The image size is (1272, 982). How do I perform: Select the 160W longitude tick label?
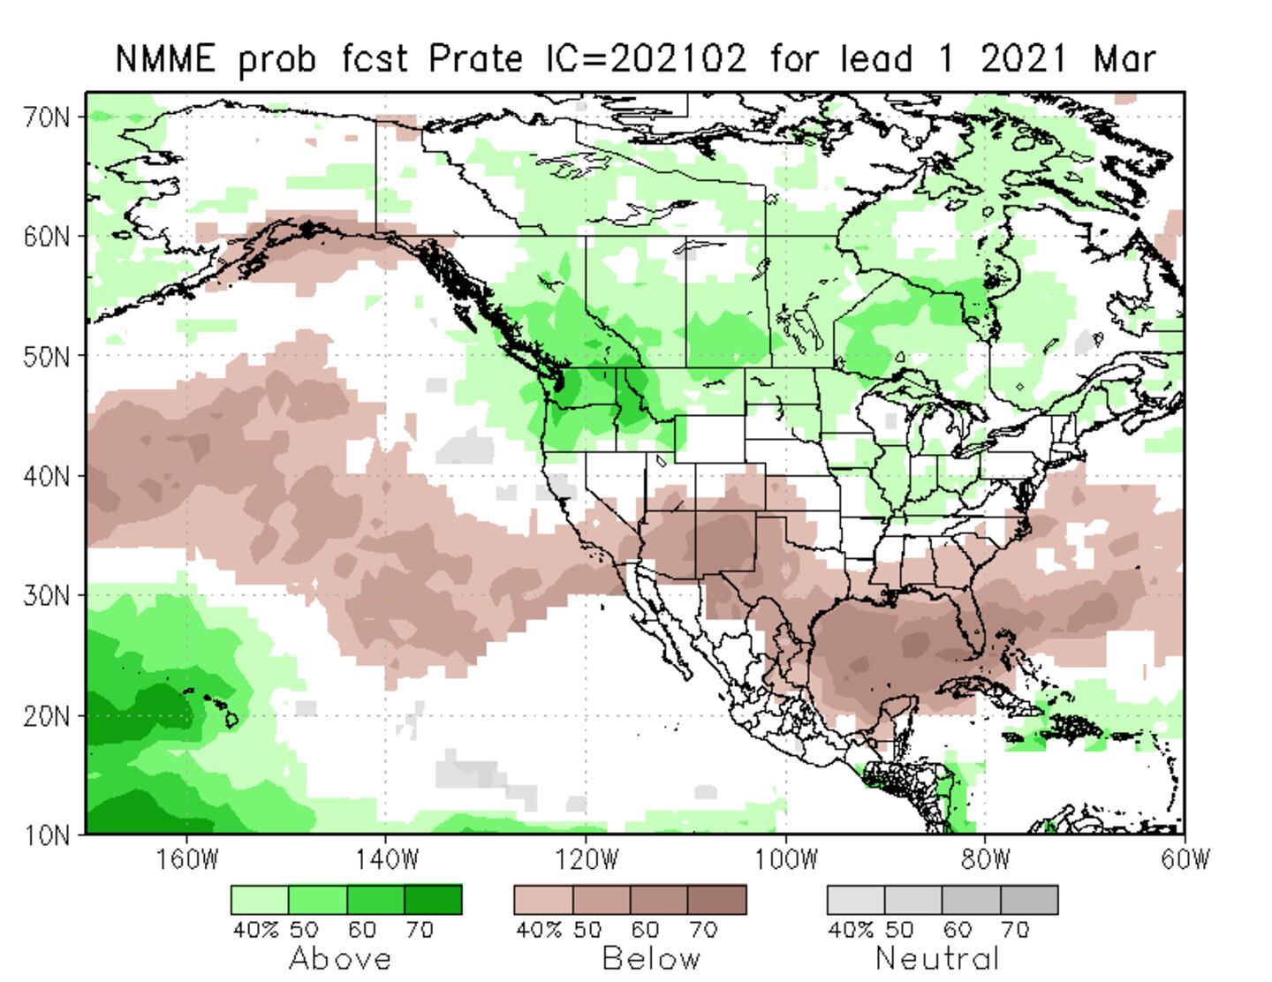click(x=186, y=859)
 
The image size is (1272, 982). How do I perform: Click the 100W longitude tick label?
click(x=785, y=859)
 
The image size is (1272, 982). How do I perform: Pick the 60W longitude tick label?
click(x=1185, y=859)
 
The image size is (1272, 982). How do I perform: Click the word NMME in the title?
click(x=165, y=59)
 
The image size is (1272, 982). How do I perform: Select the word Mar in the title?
click(x=1124, y=59)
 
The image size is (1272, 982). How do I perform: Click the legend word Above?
click(x=340, y=958)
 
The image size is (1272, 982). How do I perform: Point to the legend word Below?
click(x=651, y=958)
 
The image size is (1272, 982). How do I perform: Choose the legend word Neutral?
click(x=937, y=958)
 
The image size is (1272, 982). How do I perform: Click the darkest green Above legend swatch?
click(x=433, y=900)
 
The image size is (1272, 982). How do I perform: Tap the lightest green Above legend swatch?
click(x=260, y=900)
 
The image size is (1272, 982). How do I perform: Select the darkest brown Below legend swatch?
click(x=716, y=900)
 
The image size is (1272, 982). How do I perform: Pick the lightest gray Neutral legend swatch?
click(x=856, y=900)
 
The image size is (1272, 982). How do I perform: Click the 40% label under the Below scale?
click(x=533, y=930)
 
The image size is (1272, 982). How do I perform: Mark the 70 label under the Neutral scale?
click(x=1015, y=930)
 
